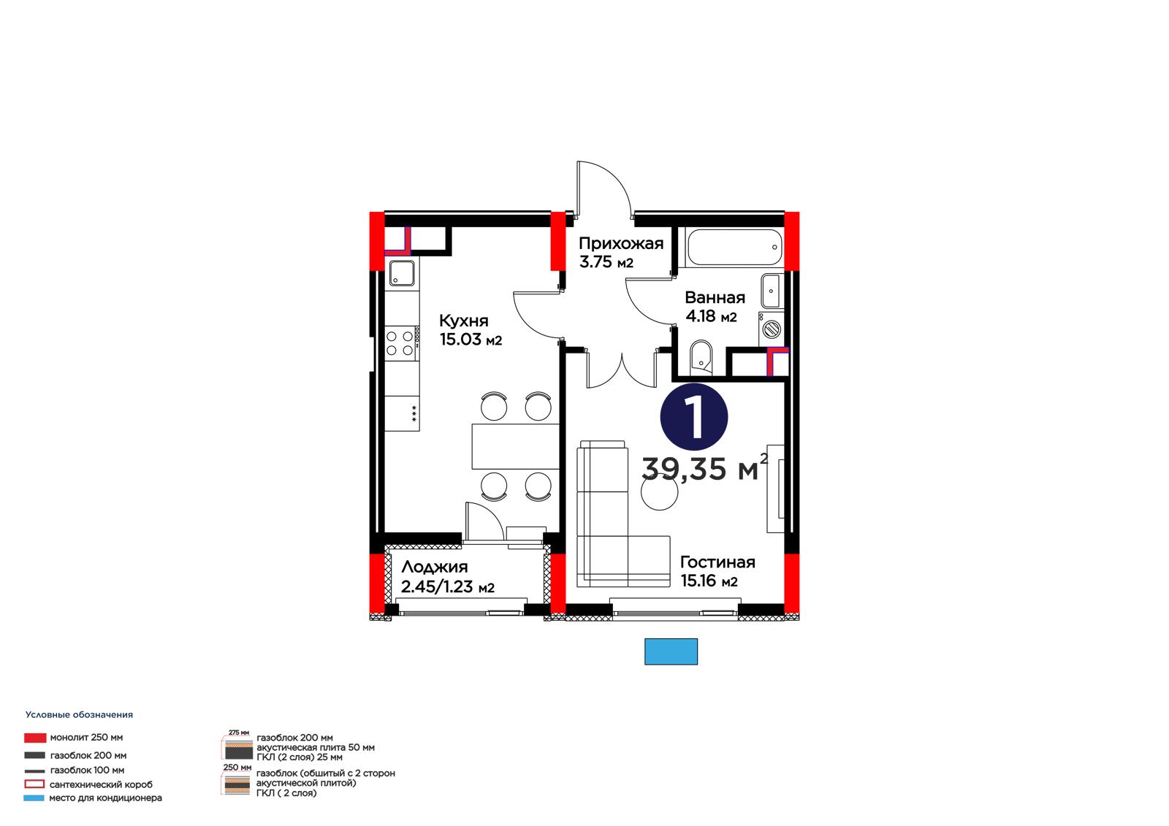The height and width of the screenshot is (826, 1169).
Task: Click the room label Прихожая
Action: (620, 244)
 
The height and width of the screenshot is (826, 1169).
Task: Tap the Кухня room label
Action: (463, 321)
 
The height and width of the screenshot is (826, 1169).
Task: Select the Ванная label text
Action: (715, 297)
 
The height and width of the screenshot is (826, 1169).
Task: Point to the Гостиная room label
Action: (717, 562)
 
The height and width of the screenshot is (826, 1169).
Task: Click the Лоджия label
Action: (434, 567)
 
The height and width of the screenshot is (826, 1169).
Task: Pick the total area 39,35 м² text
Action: (704, 467)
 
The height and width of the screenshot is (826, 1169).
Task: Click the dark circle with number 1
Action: (694, 417)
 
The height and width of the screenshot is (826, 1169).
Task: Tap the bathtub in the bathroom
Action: (735, 248)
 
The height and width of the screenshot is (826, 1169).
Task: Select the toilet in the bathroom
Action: (701, 357)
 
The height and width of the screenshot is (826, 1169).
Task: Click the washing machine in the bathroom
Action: (772, 328)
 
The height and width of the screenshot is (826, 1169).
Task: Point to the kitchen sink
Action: (402, 273)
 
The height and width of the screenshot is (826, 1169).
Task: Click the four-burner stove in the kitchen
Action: (400, 343)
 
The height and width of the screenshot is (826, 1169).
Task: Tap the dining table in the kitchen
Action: (516, 446)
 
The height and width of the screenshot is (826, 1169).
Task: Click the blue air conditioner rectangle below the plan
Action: (671, 651)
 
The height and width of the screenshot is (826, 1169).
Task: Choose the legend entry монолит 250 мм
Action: (74, 738)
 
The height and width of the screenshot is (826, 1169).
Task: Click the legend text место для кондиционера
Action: (105, 798)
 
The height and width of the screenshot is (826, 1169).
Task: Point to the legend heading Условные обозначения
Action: (80, 715)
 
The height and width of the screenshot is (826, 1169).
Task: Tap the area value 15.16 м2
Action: (709, 581)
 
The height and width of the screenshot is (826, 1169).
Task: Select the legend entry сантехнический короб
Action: (88, 784)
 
